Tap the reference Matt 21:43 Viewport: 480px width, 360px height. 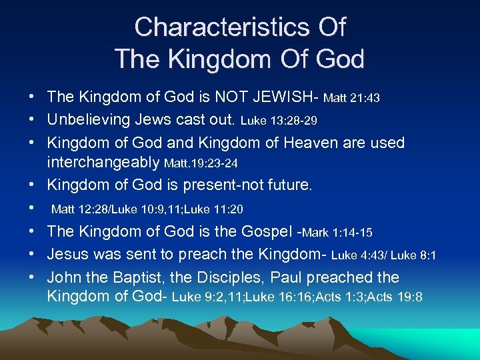point(351,99)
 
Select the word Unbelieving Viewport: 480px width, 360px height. point(85,121)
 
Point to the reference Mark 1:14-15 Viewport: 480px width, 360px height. point(337,233)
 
